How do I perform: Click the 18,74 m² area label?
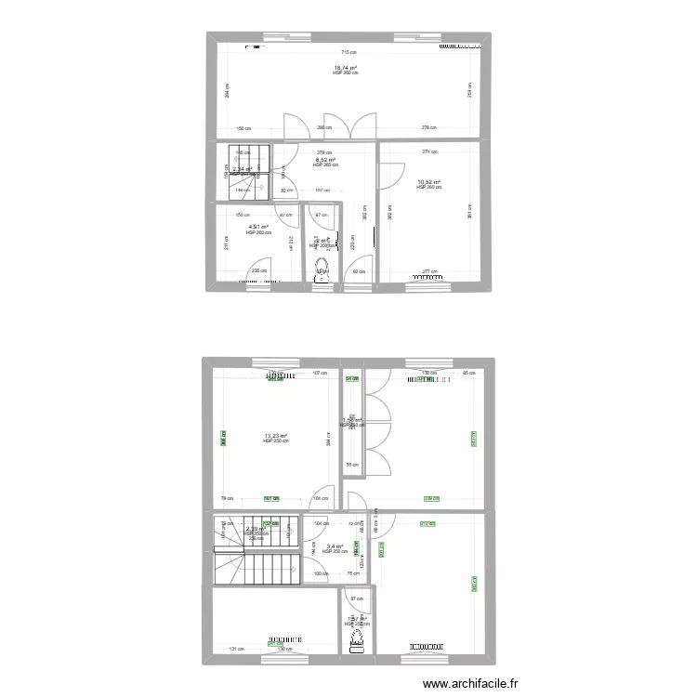click(346, 68)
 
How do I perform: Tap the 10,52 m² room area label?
click(428, 182)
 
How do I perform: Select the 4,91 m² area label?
click(257, 227)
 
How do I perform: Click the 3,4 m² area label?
click(334, 546)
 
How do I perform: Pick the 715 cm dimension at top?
click(347, 52)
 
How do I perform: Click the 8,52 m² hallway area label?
click(325, 160)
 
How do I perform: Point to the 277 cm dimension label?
click(428, 271)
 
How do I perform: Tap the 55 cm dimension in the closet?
click(351, 465)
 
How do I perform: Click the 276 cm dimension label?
click(427, 127)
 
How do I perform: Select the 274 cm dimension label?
click(428, 151)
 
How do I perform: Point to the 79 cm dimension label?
click(226, 498)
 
